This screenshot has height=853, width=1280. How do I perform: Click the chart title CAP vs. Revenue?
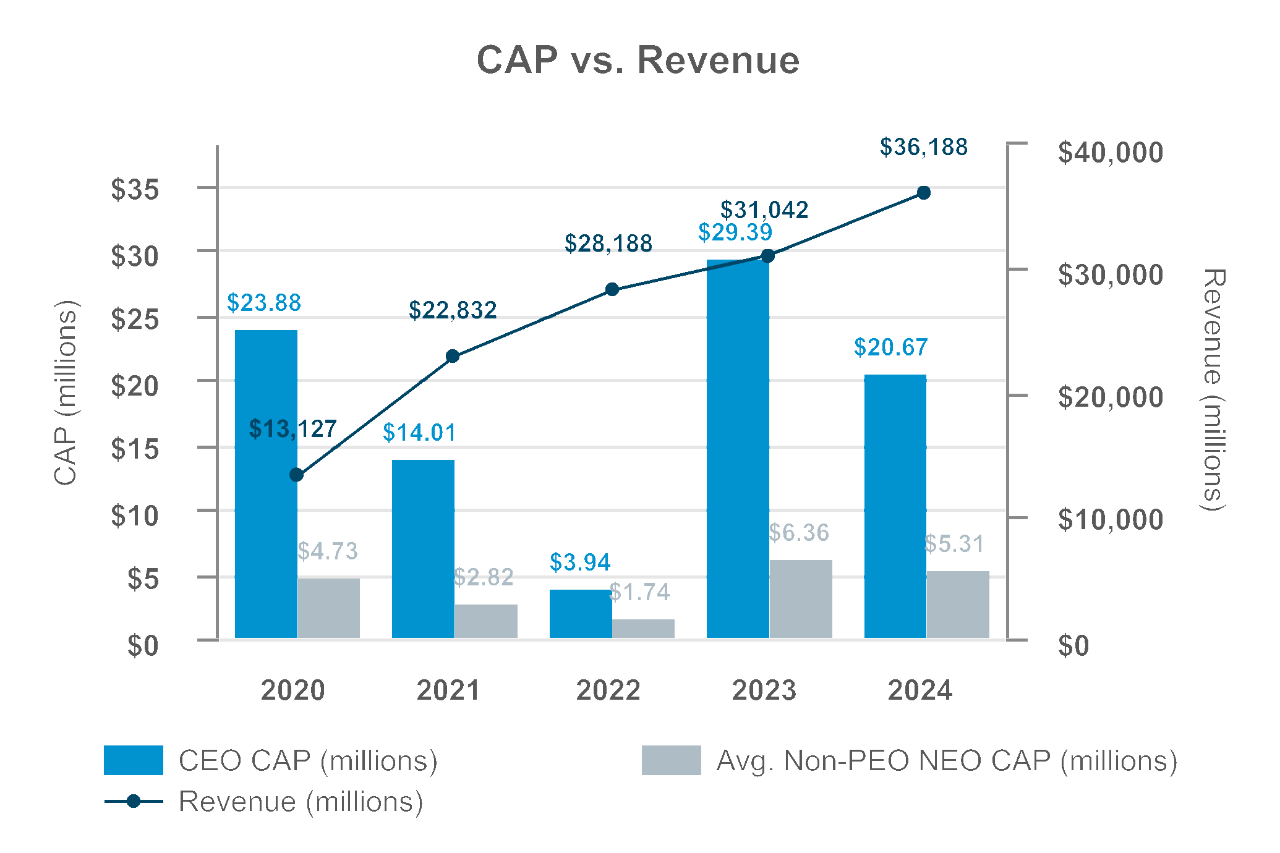click(638, 61)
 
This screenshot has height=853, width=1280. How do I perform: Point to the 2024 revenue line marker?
click(924, 193)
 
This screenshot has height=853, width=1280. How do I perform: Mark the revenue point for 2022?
click(612, 289)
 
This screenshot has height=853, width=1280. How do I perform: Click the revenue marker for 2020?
click(297, 475)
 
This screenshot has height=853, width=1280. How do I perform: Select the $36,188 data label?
click(923, 147)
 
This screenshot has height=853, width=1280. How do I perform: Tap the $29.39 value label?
click(735, 232)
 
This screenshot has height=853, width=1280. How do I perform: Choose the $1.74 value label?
click(639, 592)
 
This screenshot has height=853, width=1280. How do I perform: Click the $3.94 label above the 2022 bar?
click(580, 562)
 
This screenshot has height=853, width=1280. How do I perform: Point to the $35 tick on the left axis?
click(135, 189)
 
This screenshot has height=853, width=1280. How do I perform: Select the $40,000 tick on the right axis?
click(1111, 152)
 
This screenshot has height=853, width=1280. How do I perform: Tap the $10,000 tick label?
click(1111, 519)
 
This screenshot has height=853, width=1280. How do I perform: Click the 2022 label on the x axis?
click(608, 690)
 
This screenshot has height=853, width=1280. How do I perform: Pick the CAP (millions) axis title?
click(66, 393)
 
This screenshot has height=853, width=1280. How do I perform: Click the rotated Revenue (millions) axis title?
click(1213, 389)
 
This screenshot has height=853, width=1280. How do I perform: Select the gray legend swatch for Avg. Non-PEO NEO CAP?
click(671, 760)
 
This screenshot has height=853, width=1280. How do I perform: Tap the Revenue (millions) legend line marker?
click(134, 802)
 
